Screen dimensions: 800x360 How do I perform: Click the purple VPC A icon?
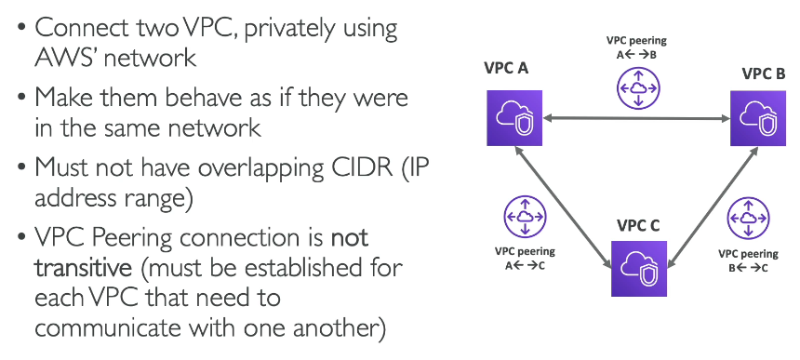click(513, 118)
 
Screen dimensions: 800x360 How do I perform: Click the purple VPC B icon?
click(757, 118)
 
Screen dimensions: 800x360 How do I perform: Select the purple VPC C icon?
click(639, 268)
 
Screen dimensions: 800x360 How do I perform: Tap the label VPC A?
click(506, 68)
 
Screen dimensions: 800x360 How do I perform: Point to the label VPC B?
click(764, 73)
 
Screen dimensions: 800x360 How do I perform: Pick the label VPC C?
click(638, 225)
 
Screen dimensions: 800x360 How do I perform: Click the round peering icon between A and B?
click(638, 87)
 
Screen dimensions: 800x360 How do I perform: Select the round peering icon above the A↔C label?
click(525, 217)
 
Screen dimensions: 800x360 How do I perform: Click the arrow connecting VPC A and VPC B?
click(636, 118)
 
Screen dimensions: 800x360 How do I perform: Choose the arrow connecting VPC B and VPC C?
click(713, 207)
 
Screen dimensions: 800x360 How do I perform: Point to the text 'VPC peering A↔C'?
click(525, 258)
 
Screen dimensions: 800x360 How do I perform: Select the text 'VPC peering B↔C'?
click(748, 260)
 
